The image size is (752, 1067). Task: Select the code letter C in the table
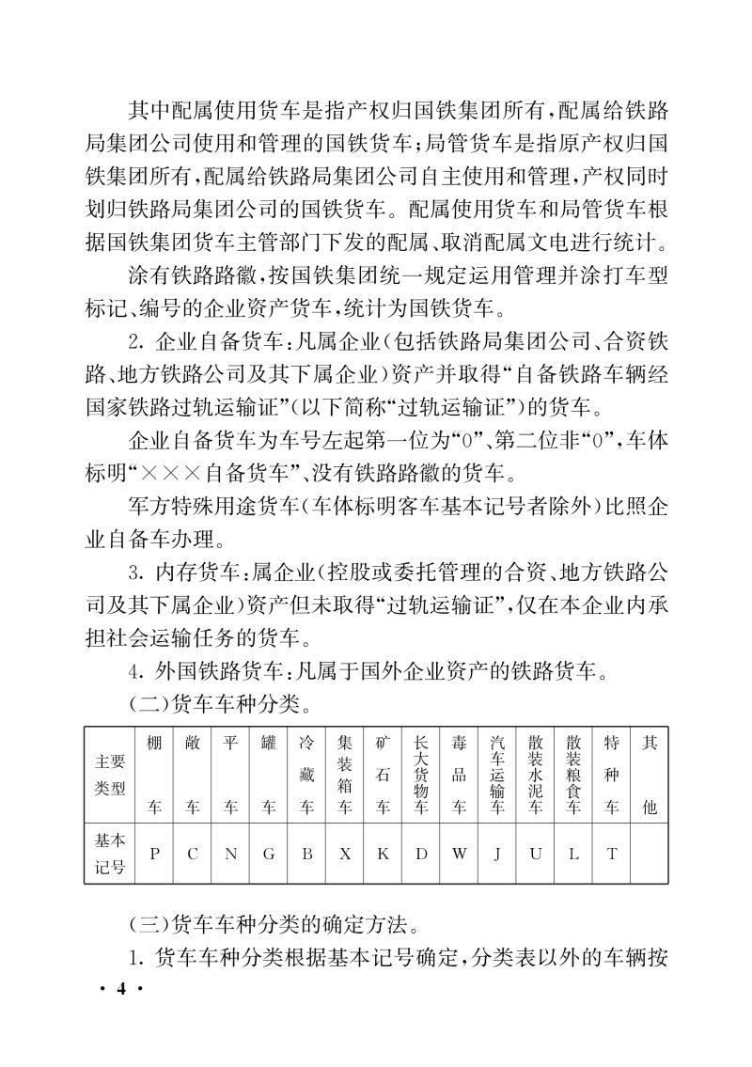[x=193, y=853]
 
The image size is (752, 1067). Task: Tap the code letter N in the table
[x=230, y=853]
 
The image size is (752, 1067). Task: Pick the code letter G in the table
[x=269, y=853]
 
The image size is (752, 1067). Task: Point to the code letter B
[x=306, y=853]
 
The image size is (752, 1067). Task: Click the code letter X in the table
[x=345, y=853]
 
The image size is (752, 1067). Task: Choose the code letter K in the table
[x=383, y=853]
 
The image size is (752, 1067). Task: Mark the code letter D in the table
[x=421, y=853]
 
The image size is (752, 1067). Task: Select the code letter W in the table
[x=459, y=853]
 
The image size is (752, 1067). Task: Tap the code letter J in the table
[x=497, y=853]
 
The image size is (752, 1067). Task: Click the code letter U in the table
[x=536, y=853]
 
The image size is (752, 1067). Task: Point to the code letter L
[x=573, y=853]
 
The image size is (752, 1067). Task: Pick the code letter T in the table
[x=612, y=853]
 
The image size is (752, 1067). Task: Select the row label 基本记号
[x=109, y=853]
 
